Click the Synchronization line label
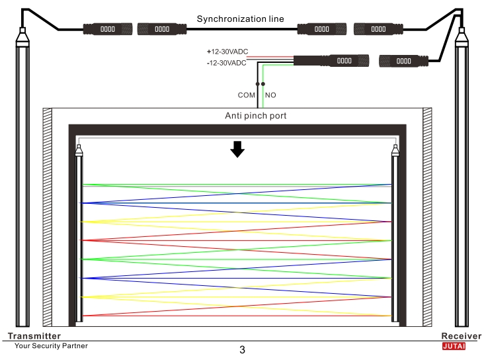pyautogui.click(x=240, y=19)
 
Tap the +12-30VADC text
pyautogui.click(x=227, y=52)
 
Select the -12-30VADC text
pyautogui.click(x=227, y=63)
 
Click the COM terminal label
pyautogui.click(x=247, y=95)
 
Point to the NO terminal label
pyautogui.click(x=270, y=95)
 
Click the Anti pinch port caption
pyautogui.click(x=256, y=116)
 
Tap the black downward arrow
pyautogui.click(x=237, y=150)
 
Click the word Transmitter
pyautogui.click(x=34, y=336)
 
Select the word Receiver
pyautogui.click(x=461, y=336)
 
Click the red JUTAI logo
pyautogui.click(x=454, y=346)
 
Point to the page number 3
pyautogui.click(x=242, y=350)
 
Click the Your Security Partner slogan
pyautogui.click(x=51, y=346)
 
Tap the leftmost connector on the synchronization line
pyautogui.click(x=108, y=29)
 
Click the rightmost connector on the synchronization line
pyautogui.click(x=378, y=29)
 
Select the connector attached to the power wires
pyautogui.click(x=331, y=61)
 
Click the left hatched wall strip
pyautogui.click(x=47, y=217)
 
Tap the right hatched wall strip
pyautogui.click(x=427, y=217)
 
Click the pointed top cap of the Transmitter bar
pyautogui.click(x=22, y=37)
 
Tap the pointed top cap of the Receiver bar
pyautogui.click(x=462, y=37)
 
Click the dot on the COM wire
pyautogui.click(x=257, y=84)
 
